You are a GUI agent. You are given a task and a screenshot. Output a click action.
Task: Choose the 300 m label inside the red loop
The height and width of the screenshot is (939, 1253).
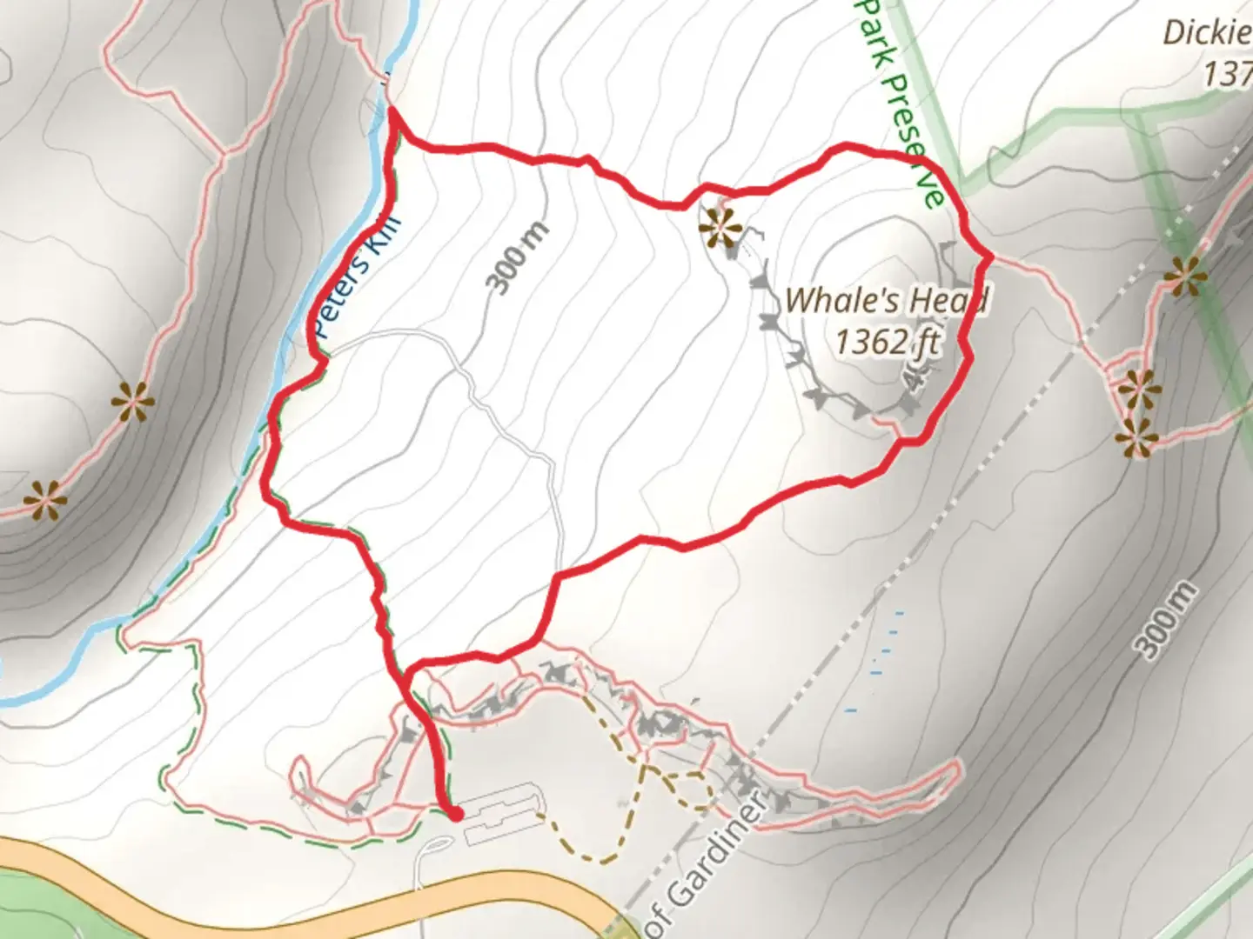click(519, 257)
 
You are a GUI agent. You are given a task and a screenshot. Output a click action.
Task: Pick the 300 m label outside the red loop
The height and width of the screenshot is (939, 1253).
click(1166, 619)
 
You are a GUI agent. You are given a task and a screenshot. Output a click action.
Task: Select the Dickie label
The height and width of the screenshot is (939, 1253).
click(1208, 33)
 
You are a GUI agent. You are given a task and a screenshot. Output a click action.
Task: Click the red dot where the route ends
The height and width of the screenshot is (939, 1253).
click(454, 814)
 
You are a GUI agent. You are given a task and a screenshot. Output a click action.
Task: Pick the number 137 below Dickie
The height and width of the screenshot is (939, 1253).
click(1227, 74)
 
